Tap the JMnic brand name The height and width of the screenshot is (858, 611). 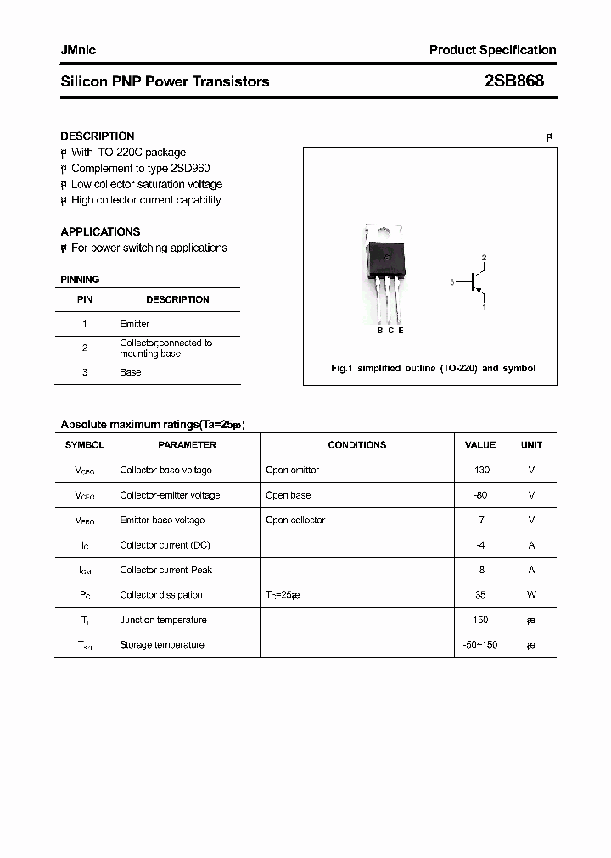78,50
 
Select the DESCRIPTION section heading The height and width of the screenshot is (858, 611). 97,136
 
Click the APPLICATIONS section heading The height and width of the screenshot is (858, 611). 100,231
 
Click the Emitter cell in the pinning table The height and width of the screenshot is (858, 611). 134,324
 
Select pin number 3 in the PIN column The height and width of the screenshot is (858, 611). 84,372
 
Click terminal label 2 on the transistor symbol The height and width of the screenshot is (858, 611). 484,257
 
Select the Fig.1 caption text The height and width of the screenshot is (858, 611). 432,369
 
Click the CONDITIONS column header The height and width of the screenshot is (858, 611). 357,445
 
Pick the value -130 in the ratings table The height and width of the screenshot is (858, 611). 479,470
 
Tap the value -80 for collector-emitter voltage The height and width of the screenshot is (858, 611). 479,495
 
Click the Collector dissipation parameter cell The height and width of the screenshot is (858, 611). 161,595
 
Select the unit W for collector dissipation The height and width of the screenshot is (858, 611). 531,595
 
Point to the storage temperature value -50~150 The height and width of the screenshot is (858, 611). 479,645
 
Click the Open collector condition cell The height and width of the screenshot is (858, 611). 295,520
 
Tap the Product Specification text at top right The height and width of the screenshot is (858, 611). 492,50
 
